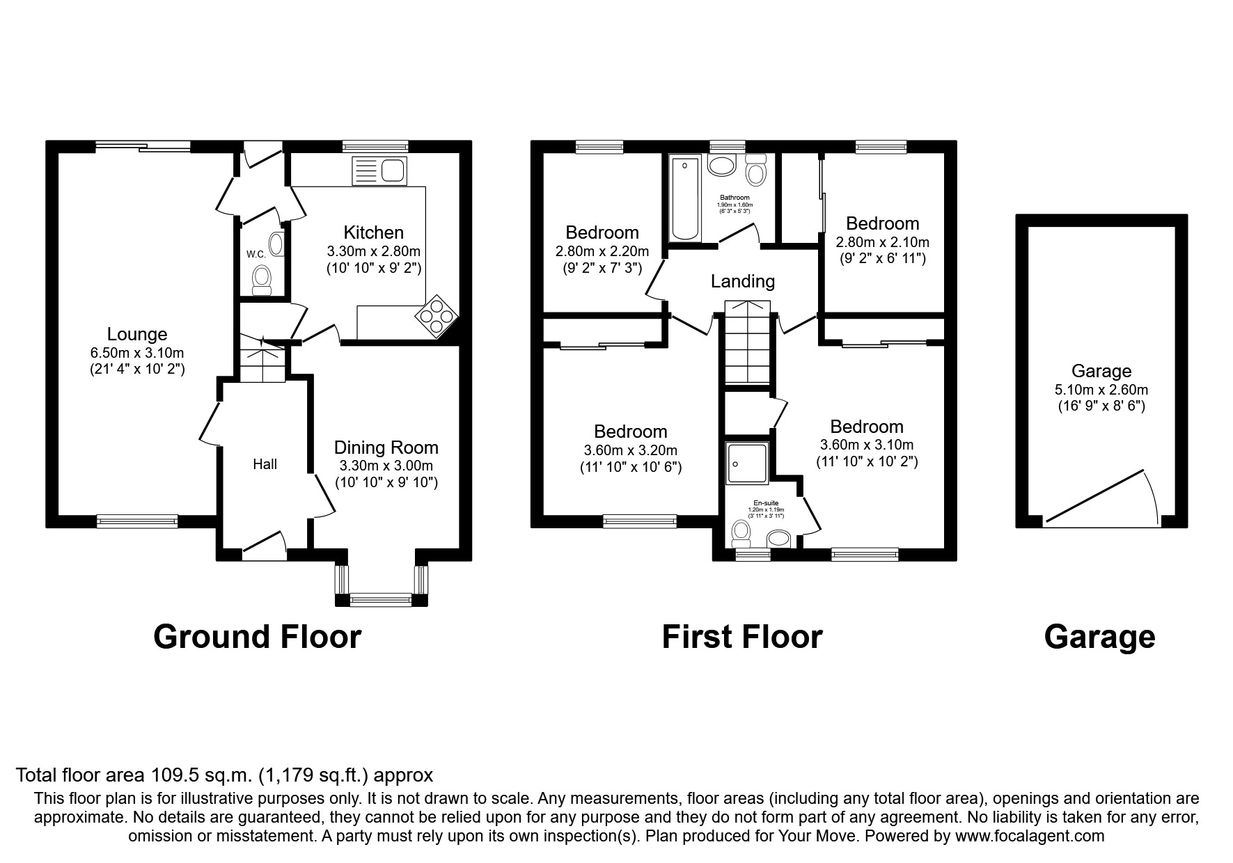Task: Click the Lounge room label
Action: tap(137, 335)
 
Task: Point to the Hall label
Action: tap(265, 464)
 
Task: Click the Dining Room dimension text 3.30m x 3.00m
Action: tap(386, 466)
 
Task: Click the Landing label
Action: tap(742, 281)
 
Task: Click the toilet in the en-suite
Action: tap(741, 534)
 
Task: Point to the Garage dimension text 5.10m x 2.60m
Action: tap(1101, 390)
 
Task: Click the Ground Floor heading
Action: tap(257, 637)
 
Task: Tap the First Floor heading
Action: tap(741, 637)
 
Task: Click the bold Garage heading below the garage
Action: tap(1099, 637)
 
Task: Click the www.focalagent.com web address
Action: tap(1030, 836)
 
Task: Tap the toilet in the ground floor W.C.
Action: tap(262, 279)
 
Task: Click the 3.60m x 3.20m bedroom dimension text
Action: tap(630, 450)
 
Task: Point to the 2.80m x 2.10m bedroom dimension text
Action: tap(882, 242)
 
